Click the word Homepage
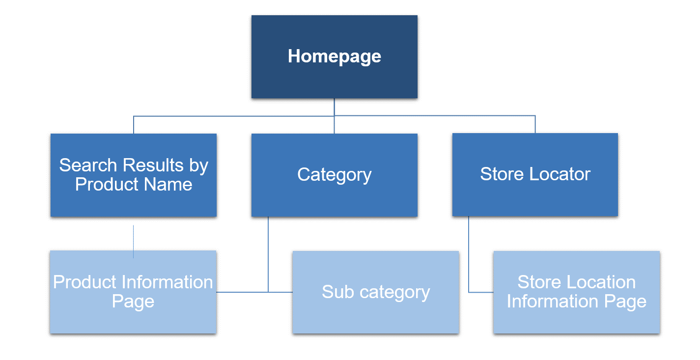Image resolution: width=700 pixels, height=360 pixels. [x=334, y=56]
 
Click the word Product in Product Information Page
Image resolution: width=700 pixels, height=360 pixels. [x=84, y=282]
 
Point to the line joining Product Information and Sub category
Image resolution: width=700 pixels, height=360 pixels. [x=246, y=292]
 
